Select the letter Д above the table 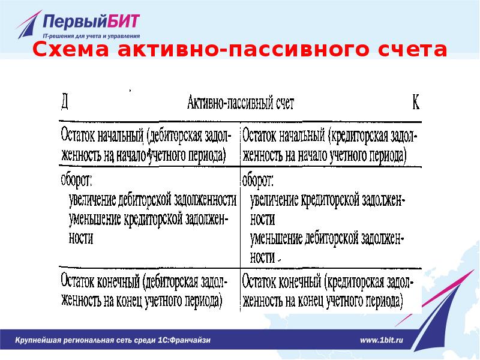click(x=64, y=102)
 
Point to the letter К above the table click(x=415, y=103)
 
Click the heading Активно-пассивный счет click(x=241, y=103)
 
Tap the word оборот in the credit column click(x=257, y=179)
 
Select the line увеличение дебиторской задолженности click(x=152, y=199)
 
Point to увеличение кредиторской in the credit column click(x=328, y=199)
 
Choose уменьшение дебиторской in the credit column click(x=328, y=238)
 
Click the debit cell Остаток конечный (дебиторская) click(x=145, y=290)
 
